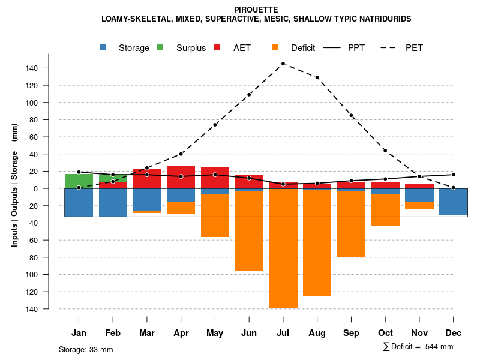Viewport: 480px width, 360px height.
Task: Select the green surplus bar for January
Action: tap(79, 181)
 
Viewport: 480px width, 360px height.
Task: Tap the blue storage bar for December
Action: tap(453, 202)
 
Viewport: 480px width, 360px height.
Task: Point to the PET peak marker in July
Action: tap(283, 64)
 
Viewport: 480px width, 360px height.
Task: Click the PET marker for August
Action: tap(317, 77)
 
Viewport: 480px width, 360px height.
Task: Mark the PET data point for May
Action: tap(215, 125)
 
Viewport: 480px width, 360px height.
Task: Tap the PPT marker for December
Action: tap(453, 175)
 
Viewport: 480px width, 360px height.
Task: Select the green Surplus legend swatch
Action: tap(160, 47)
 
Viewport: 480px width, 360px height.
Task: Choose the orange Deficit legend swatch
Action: tap(275, 47)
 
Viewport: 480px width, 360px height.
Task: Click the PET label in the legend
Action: tap(414, 48)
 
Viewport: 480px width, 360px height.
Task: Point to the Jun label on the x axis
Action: tap(249, 333)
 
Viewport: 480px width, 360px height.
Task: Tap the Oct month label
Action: tap(385, 333)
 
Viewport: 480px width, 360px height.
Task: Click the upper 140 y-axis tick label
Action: tap(32, 68)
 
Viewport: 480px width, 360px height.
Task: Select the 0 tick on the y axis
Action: tap(36, 188)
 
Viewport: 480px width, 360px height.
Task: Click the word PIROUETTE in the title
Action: tap(256, 10)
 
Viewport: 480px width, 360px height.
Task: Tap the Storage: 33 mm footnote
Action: tap(86, 349)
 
